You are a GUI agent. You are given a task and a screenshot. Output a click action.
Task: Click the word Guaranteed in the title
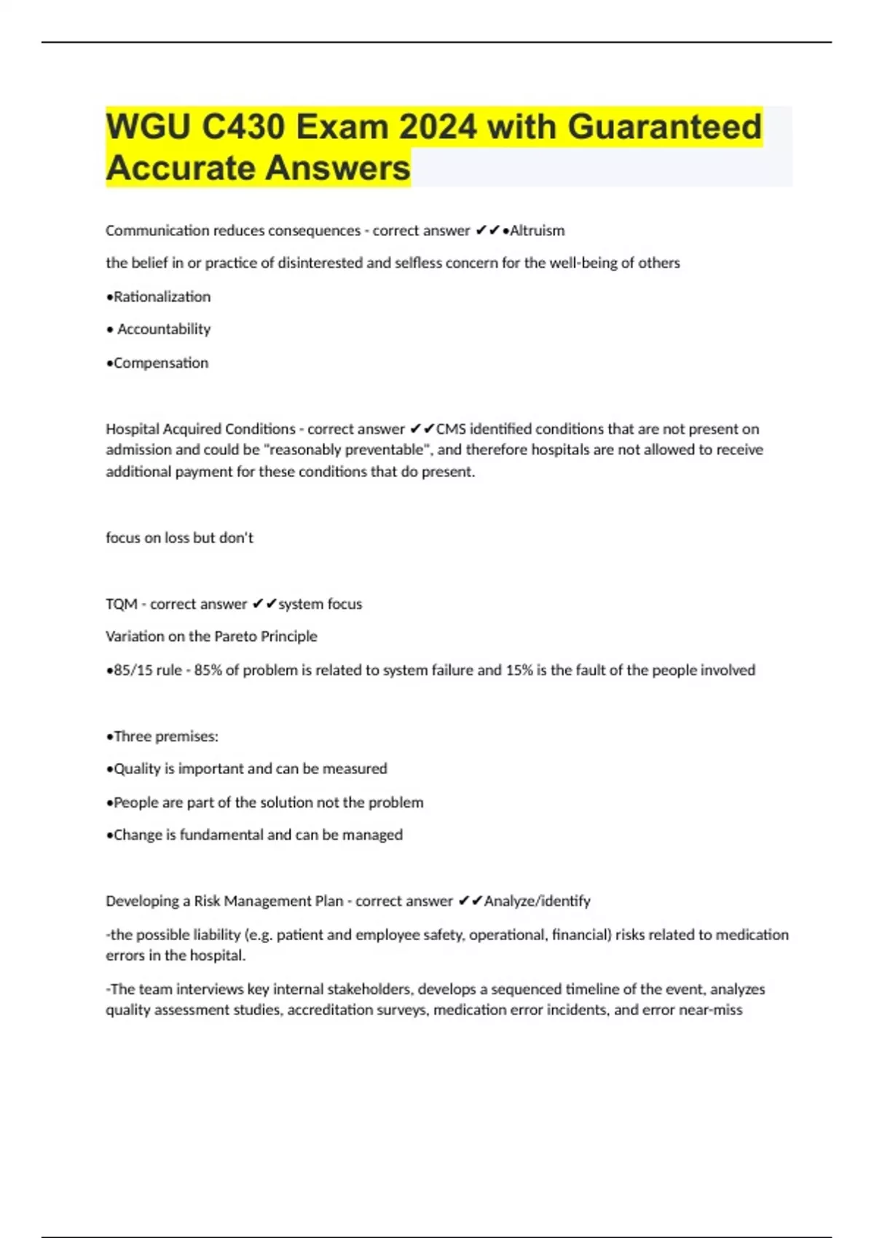pos(664,127)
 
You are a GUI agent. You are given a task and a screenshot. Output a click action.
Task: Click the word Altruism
pos(537,231)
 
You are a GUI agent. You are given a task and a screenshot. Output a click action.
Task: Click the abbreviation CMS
pos(451,429)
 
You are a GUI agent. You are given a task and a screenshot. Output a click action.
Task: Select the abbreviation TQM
pos(121,604)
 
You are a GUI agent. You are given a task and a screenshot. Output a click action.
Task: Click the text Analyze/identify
pos(537,901)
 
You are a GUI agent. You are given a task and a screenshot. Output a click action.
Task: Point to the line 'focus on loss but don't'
pos(179,537)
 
